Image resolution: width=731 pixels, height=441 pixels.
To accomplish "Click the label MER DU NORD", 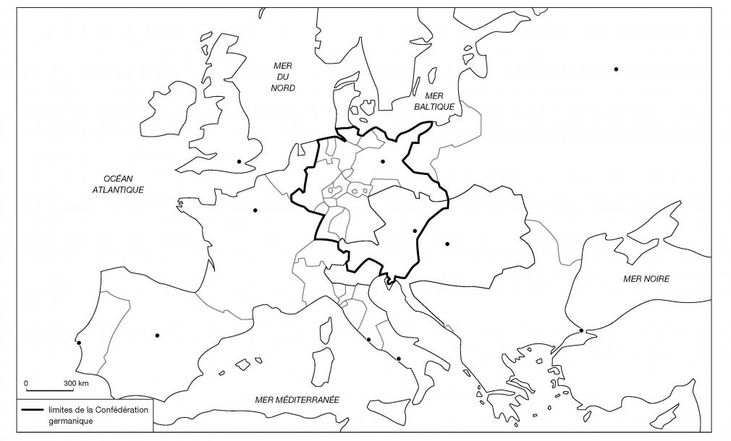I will [x=283, y=76].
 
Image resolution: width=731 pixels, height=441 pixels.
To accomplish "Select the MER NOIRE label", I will [x=646, y=278].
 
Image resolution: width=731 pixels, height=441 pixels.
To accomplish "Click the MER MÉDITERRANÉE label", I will [x=297, y=399].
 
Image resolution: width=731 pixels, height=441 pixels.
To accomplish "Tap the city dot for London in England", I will [x=239, y=161].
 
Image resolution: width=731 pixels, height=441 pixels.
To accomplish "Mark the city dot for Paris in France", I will [x=255, y=210].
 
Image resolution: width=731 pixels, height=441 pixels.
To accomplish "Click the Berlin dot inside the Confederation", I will [x=382, y=161].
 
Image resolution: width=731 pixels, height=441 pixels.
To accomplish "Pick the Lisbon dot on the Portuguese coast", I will [x=79, y=343].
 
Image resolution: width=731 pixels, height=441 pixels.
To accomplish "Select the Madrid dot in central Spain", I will [x=157, y=335].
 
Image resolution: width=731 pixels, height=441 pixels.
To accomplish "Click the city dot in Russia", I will [x=616, y=69].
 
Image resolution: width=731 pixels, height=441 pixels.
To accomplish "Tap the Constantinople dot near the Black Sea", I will [x=581, y=331].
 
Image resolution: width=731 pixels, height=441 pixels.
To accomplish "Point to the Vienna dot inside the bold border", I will [x=415, y=231].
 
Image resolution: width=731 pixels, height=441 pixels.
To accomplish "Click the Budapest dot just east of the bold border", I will [x=447, y=244].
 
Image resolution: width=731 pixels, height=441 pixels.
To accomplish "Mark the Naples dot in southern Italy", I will [x=399, y=359].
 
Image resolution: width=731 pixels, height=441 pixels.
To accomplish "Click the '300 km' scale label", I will [x=76, y=382].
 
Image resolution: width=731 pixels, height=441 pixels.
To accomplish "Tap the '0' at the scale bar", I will [x=26, y=382].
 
